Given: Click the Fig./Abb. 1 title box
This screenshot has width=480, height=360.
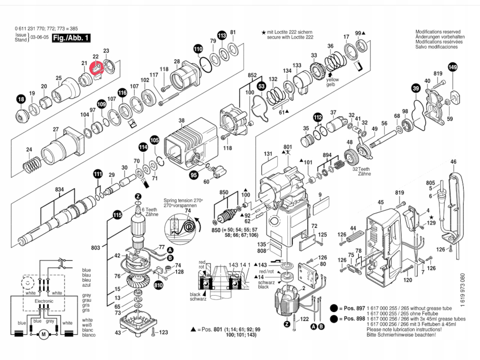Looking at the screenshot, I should (x=68, y=38).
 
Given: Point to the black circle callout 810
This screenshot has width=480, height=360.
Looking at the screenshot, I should (x=158, y=285).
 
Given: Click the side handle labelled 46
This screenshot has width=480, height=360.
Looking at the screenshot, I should (x=455, y=208).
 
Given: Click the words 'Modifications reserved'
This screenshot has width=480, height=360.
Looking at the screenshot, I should (x=438, y=32).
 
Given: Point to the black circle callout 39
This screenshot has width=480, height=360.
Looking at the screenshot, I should (x=416, y=88).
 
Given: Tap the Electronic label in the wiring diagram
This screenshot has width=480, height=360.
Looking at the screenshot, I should (x=44, y=301).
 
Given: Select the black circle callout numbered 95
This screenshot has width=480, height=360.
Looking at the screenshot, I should (x=194, y=175).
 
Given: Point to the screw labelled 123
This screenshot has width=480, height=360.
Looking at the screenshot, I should (x=154, y=332).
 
